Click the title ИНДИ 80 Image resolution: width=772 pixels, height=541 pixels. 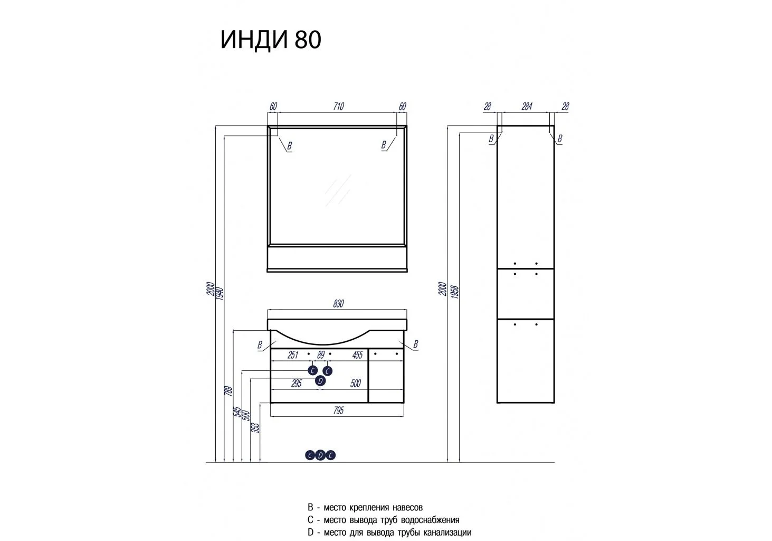tap(271, 40)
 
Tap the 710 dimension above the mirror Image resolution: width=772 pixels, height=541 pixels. tap(338, 106)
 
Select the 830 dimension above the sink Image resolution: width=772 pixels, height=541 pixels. tap(338, 304)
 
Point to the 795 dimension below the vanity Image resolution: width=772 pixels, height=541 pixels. tap(338, 411)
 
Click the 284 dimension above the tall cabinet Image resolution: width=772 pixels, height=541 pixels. tap(527, 107)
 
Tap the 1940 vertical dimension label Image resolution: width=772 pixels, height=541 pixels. tap(220, 293)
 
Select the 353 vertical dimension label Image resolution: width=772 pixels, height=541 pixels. tap(255, 428)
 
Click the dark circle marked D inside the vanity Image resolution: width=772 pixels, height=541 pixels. tap(320, 381)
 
